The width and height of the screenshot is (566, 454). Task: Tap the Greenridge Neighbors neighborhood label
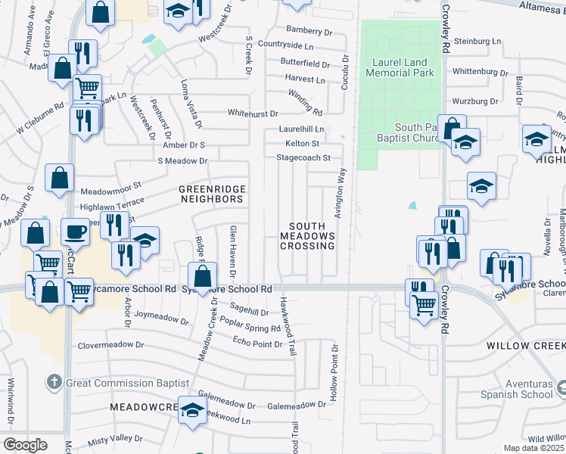pyautogui.click(x=211, y=194)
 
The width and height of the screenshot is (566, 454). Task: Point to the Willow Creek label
pyautogui.click(x=526, y=345)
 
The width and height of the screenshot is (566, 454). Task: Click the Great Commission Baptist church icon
pyautogui.click(x=54, y=382)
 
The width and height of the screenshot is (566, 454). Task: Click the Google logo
pyautogui.click(x=25, y=445)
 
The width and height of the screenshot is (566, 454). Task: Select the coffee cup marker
pyautogui.click(x=75, y=232)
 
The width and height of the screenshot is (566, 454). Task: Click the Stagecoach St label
pyautogui.click(x=304, y=158)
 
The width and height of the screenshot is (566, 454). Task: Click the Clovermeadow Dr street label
pyautogui.click(x=110, y=345)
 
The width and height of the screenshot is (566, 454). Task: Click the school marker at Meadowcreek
pyautogui.click(x=192, y=410)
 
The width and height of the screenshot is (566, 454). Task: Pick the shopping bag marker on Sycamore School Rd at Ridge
pyautogui.click(x=202, y=276)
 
